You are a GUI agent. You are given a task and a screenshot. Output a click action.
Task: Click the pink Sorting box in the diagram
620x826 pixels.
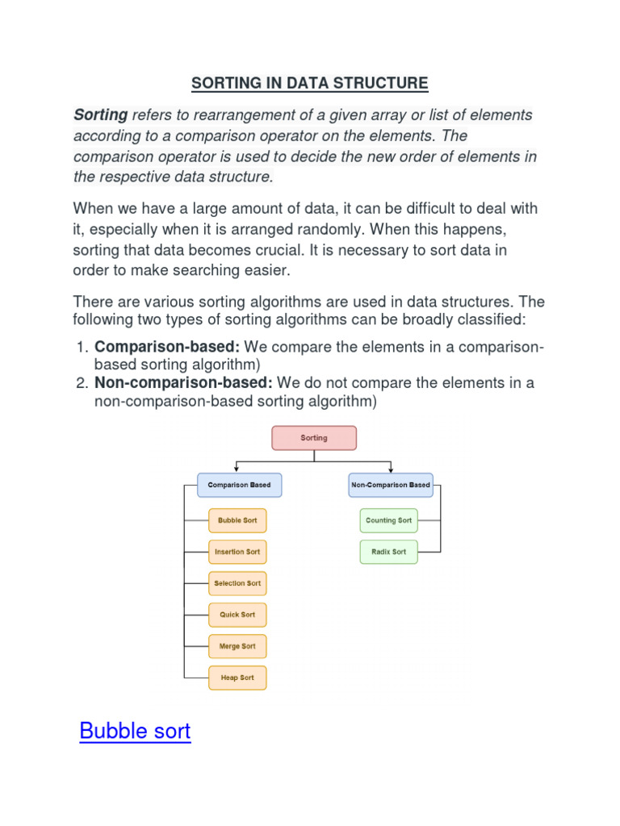pyautogui.click(x=314, y=438)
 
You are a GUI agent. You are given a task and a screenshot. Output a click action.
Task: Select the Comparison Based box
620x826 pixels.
pyautogui.click(x=239, y=485)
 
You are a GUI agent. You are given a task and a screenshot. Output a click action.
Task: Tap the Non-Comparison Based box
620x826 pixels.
pyautogui.click(x=391, y=485)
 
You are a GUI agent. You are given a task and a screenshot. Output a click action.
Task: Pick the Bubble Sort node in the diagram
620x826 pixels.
pyautogui.click(x=237, y=520)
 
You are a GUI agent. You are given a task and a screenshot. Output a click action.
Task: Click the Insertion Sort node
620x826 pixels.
pyautogui.click(x=237, y=552)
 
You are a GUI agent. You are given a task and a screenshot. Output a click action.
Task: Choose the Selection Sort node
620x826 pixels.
pyautogui.click(x=237, y=583)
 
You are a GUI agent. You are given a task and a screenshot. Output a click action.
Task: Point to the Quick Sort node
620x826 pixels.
pyautogui.click(x=237, y=615)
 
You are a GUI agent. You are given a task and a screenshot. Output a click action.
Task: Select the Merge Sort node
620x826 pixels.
pyautogui.click(x=237, y=646)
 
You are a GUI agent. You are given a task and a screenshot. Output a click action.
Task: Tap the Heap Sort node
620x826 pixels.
pyautogui.click(x=237, y=678)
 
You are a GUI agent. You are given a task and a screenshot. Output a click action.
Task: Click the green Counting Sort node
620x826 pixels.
pyautogui.click(x=388, y=520)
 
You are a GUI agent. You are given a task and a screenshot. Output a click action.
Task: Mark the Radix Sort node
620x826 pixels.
pyautogui.click(x=388, y=552)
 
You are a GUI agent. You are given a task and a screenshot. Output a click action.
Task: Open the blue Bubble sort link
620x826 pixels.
pyautogui.click(x=135, y=732)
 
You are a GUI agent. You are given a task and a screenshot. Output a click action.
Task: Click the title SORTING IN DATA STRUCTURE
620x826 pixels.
pyautogui.click(x=309, y=83)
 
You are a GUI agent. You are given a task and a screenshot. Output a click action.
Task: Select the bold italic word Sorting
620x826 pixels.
pyautogui.click(x=101, y=115)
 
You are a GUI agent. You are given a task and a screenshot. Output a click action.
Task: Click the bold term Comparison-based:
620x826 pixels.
pyautogui.click(x=167, y=347)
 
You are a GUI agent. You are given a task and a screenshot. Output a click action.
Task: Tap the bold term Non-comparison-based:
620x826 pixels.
pyautogui.click(x=183, y=382)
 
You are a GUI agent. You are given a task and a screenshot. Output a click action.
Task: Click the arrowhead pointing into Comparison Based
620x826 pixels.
pyautogui.click(x=235, y=469)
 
